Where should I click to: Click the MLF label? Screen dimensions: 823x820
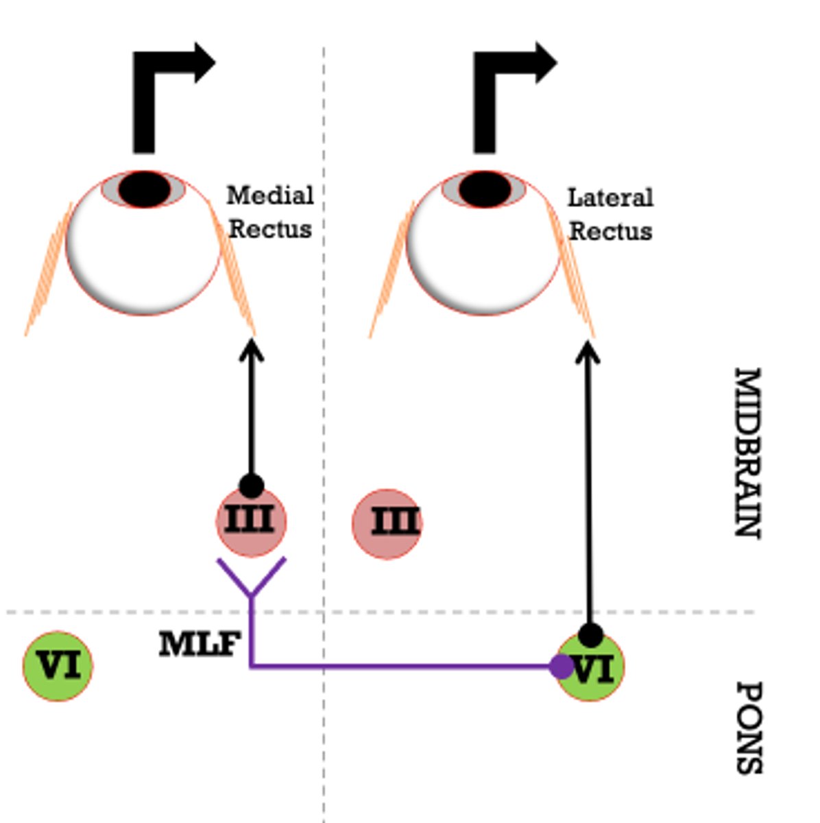tap(199, 645)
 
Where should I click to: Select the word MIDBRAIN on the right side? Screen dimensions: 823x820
tap(747, 453)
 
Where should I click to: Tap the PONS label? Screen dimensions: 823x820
tap(749, 727)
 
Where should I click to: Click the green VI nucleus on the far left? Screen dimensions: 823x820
tap(58, 666)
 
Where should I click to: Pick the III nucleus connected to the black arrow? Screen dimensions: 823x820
tap(251, 521)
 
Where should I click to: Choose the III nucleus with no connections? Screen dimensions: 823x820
tap(387, 523)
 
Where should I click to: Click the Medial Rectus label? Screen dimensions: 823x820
tap(269, 212)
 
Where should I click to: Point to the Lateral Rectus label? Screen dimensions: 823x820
tap(610, 214)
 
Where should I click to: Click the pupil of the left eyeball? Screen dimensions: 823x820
tap(144, 189)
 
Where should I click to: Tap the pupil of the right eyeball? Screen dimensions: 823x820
tap(485, 189)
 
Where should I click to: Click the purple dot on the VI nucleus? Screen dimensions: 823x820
tap(562, 666)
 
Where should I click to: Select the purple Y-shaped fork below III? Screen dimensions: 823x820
tap(251, 580)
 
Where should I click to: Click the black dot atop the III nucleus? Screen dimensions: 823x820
tap(251, 486)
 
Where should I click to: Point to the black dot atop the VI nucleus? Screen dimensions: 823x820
tap(590, 635)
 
